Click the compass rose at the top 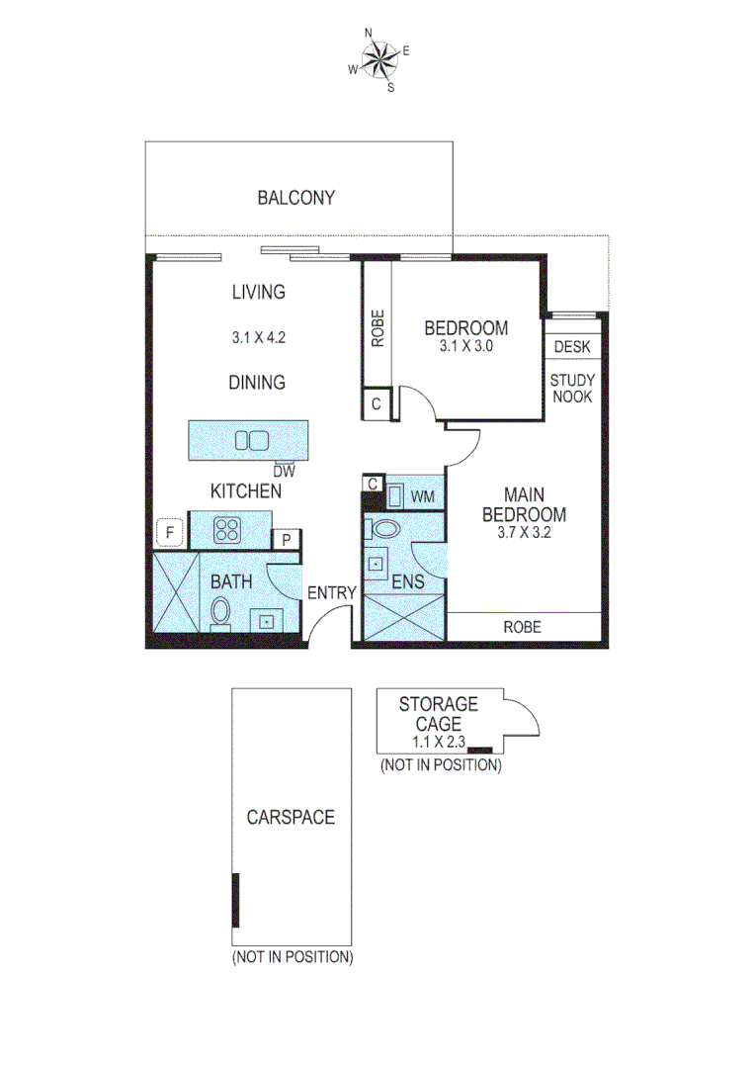pyautogui.click(x=378, y=60)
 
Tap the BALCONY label pyautogui.click(x=295, y=198)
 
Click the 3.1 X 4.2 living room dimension pyautogui.click(x=258, y=337)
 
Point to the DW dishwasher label pyautogui.click(x=285, y=472)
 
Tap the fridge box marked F pyautogui.click(x=170, y=534)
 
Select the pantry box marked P pyautogui.click(x=286, y=539)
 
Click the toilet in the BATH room pyautogui.click(x=220, y=612)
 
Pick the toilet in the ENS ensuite pyautogui.click(x=383, y=528)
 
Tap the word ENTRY pyautogui.click(x=331, y=592)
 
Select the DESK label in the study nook pyautogui.click(x=572, y=347)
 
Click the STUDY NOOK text pyautogui.click(x=571, y=388)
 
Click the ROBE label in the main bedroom pyautogui.click(x=522, y=627)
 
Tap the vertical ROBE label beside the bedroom pyautogui.click(x=377, y=329)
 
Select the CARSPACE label pyautogui.click(x=291, y=818)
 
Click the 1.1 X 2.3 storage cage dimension pyautogui.click(x=437, y=741)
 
